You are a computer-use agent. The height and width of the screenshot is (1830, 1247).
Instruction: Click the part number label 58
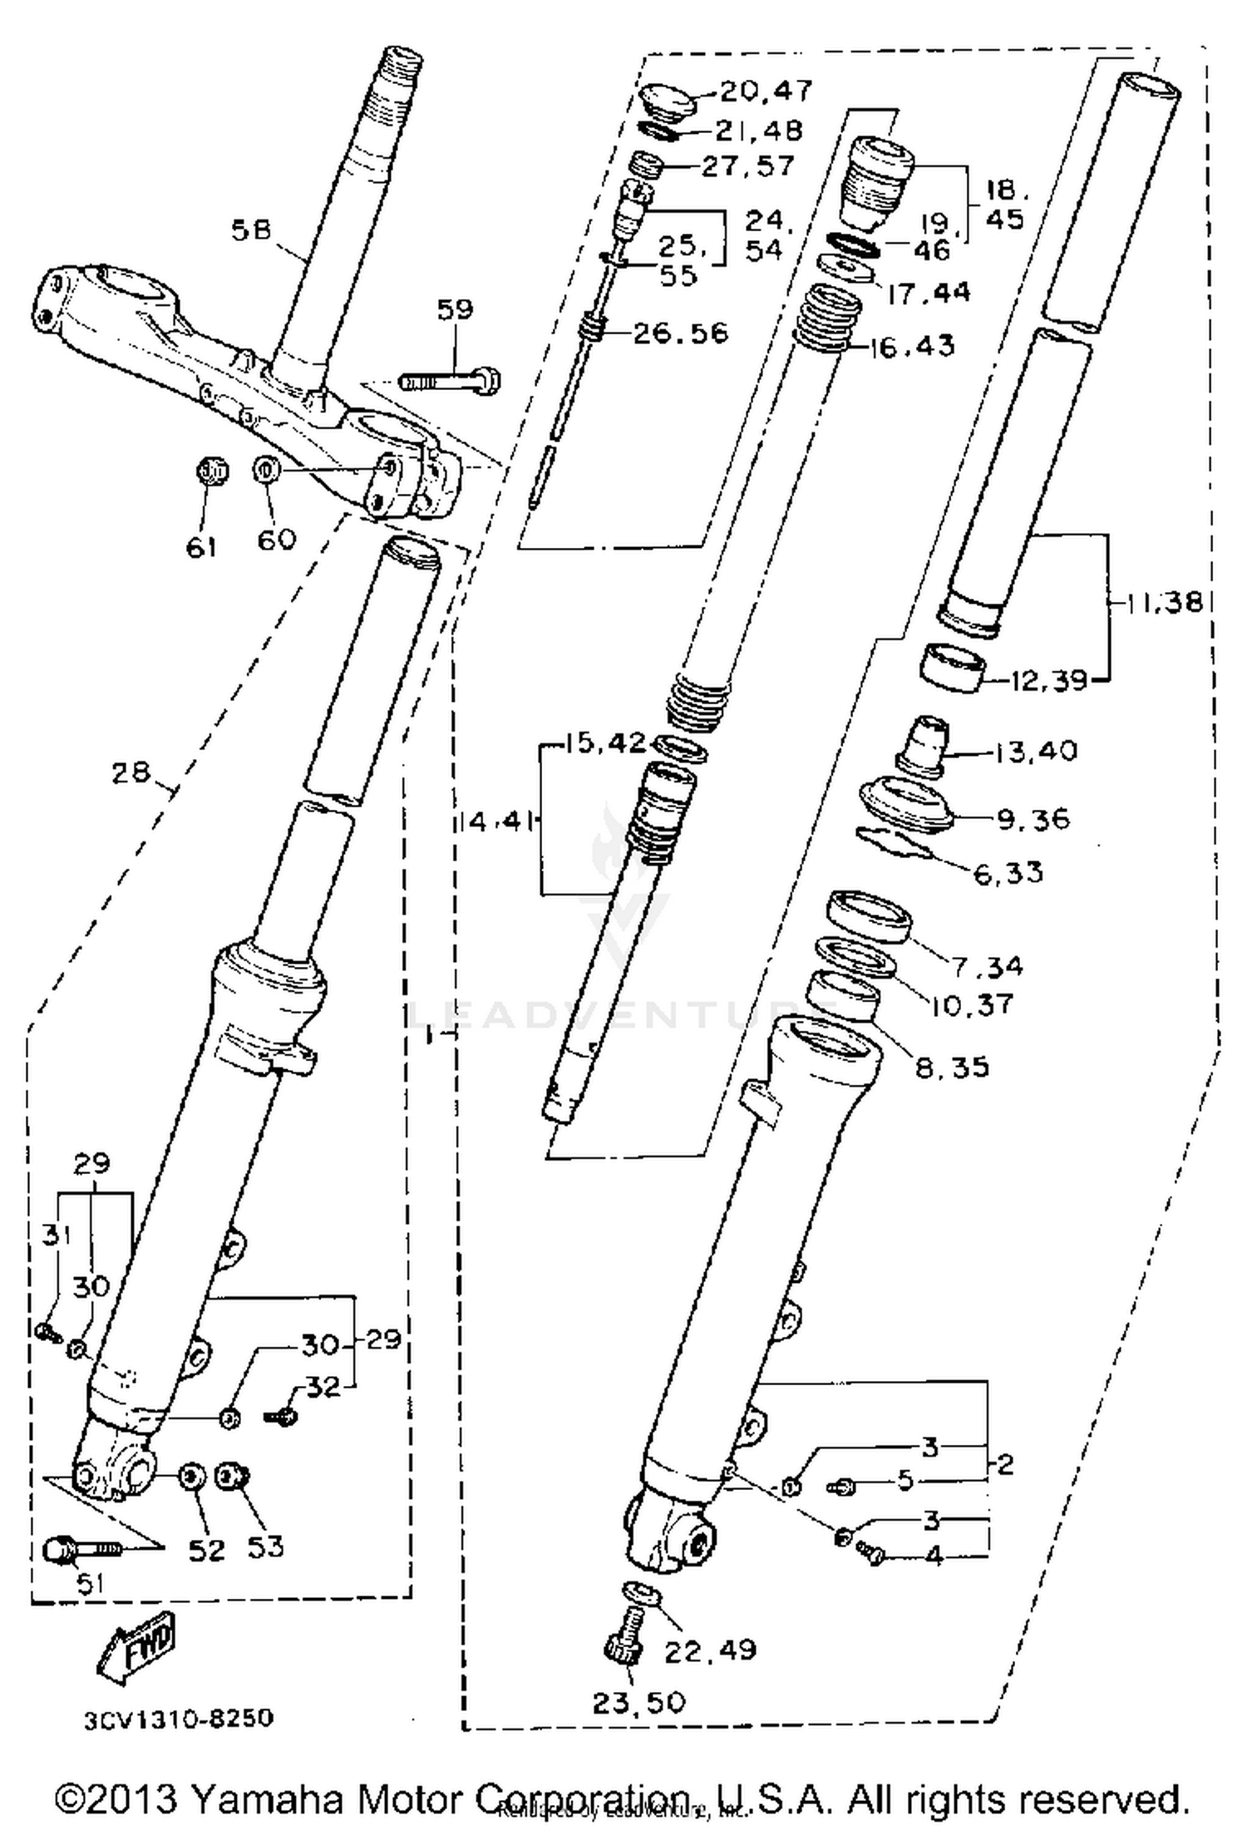252,230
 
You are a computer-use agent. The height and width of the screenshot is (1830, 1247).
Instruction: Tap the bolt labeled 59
450,382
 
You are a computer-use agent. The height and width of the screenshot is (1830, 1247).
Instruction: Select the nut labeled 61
210,472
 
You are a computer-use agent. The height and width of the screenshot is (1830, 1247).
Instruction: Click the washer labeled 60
265,470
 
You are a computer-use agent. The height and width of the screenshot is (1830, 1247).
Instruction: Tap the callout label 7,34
987,966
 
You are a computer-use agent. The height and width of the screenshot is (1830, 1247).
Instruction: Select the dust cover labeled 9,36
904,802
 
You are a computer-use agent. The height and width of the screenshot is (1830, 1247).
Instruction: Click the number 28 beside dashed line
131,772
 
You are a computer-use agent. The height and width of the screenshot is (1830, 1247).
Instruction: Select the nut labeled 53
232,1477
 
